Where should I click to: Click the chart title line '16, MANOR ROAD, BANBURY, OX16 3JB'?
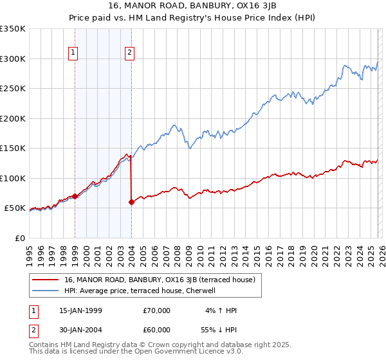click(192, 6)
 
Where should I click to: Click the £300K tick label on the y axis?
click(13, 59)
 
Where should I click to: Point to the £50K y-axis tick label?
click(15, 208)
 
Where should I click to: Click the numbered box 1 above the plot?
click(74, 53)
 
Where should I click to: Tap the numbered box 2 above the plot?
click(130, 53)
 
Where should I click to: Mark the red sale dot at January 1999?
click(75, 196)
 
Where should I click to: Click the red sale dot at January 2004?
click(131, 202)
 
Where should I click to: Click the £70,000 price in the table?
click(157, 310)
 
